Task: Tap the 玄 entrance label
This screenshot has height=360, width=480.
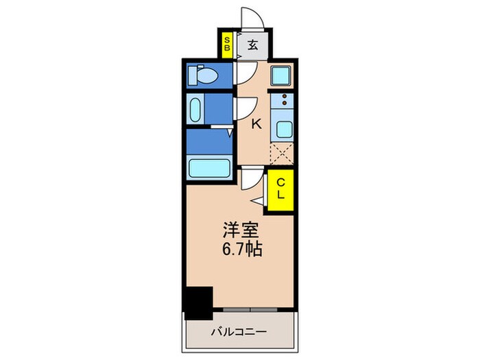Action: click(252, 46)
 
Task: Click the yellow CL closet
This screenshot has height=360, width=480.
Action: click(280, 189)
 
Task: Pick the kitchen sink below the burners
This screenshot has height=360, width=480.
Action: click(282, 129)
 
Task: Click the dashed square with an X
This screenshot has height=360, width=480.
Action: click(282, 154)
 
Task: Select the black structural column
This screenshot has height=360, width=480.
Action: click(199, 302)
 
